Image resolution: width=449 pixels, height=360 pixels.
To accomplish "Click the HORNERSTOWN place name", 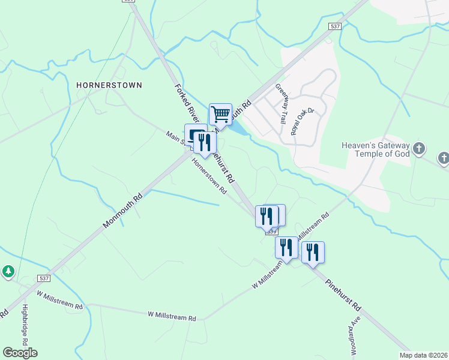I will [x=109, y=85].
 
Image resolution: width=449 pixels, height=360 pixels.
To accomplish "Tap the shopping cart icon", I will [x=220, y=113].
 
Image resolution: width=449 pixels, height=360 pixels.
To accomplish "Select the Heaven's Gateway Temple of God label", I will [x=375, y=149].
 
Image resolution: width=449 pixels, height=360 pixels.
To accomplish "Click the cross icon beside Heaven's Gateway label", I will [x=419, y=148].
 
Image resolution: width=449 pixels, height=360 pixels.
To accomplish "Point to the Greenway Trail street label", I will [x=282, y=104].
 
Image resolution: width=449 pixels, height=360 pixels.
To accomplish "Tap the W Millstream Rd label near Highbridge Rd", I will [x=59, y=299].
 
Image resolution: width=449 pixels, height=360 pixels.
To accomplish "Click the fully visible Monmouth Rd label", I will [x=122, y=211].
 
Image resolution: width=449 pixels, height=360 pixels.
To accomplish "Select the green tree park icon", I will [x=8, y=272].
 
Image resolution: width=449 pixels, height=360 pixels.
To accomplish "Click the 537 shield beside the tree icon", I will [x=43, y=278].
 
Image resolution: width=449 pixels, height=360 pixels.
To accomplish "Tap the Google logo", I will [x=20, y=352].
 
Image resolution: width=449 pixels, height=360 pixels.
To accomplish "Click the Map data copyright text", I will [x=423, y=355].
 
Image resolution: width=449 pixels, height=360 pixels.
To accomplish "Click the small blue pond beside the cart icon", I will [x=238, y=128].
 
